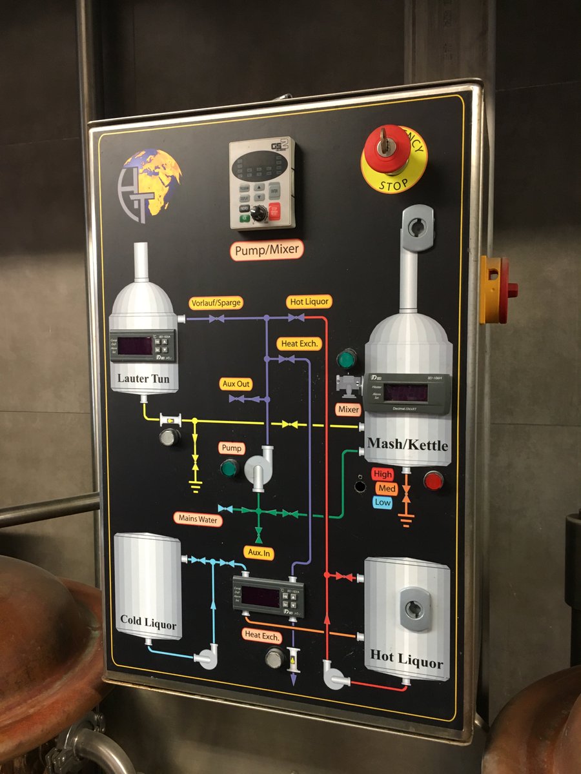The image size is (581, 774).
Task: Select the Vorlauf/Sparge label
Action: [x=216, y=303]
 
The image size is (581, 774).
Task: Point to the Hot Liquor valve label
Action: [x=309, y=301]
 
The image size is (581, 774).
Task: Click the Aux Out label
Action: [x=236, y=384]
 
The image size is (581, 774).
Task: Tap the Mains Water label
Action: [x=198, y=519]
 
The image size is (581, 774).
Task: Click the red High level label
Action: [x=383, y=474]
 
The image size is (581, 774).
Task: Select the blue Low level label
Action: [x=383, y=502]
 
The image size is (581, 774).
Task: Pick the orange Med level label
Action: [x=386, y=488]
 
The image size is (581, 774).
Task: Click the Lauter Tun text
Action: [x=143, y=379]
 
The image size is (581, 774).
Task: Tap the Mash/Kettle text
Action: [x=407, y=444]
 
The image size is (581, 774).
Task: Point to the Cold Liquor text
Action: [x=148, y=622]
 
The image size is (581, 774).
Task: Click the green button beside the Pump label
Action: [x=229, y=468]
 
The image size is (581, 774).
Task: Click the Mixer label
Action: [x=349, y=409]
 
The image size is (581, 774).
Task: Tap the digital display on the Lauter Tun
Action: [x=135, y=346]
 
